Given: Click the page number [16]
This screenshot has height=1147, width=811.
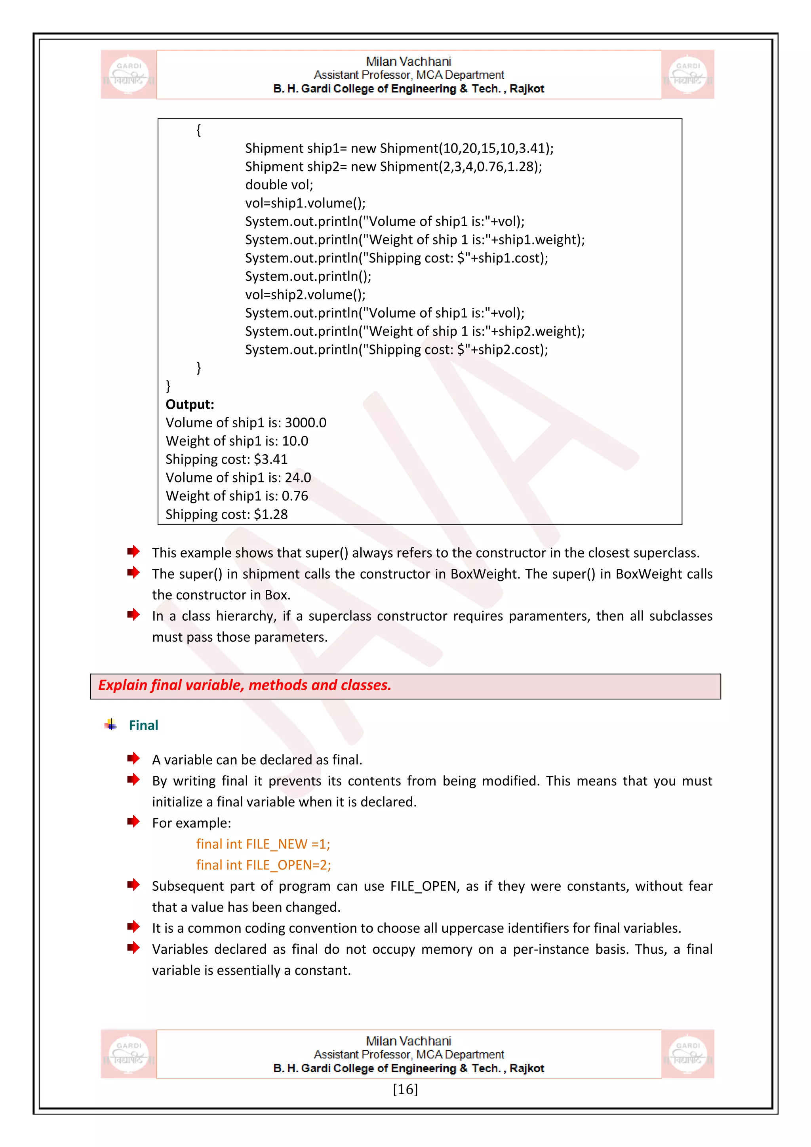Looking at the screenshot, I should (x=405, y=1089).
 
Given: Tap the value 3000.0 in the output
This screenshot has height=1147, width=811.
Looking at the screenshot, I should (x=305, y=423).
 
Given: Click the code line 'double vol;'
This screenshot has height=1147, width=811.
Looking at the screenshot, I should (x=279, y=185).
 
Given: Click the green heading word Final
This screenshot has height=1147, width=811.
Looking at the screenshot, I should (x=143, y=725).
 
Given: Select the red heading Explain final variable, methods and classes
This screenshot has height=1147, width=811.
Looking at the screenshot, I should (x=244, y=685).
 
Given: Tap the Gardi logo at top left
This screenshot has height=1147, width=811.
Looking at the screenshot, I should (x=129, y=74).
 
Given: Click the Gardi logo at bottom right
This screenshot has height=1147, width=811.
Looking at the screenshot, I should (x=688, y=1054).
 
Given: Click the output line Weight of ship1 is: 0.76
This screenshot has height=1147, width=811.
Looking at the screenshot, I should (x=237, y=495).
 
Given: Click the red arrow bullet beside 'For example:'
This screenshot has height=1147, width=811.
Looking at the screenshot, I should (x=133, y=821).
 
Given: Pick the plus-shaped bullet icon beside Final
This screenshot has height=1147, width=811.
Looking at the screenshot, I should (x=111, y=724).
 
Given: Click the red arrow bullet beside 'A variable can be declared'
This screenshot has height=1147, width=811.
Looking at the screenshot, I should (x=133, y=758).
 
